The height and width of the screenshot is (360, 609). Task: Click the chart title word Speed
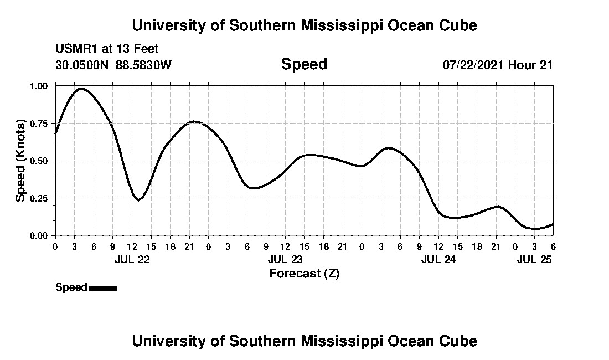click(x=304, y=64)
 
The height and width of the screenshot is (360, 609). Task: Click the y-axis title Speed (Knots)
click(x=20, y=161)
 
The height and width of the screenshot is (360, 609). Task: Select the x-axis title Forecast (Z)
click(x=304, y=273)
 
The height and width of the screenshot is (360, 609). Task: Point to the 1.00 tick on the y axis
click(x=40, y=86)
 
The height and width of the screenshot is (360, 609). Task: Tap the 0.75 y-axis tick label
click(x=40, y=124)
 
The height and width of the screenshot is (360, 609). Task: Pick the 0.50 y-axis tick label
click(x=40, y=161)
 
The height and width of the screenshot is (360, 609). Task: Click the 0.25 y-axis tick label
click(x=40, y=198)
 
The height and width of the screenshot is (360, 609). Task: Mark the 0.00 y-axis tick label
click(x=40, y=235)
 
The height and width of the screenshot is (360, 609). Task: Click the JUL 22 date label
click(x=132, y=259)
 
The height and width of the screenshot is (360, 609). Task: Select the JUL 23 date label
click(x=285, y=259)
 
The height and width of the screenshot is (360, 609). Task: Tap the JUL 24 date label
click(x=438, y=259)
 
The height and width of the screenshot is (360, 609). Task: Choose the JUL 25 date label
click(x=534, y=259)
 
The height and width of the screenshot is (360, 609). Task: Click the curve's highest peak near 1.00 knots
click(x=81, y=89)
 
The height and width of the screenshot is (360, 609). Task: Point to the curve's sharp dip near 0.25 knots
click(x=138, y=200)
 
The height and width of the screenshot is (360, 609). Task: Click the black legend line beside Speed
click(x=103, y=288)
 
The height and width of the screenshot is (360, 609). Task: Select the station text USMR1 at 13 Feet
click(x=107, y=49)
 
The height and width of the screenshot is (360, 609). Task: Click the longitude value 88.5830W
click(x=144, y=65)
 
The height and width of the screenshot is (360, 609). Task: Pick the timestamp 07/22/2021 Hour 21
click(x=498, y=65)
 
